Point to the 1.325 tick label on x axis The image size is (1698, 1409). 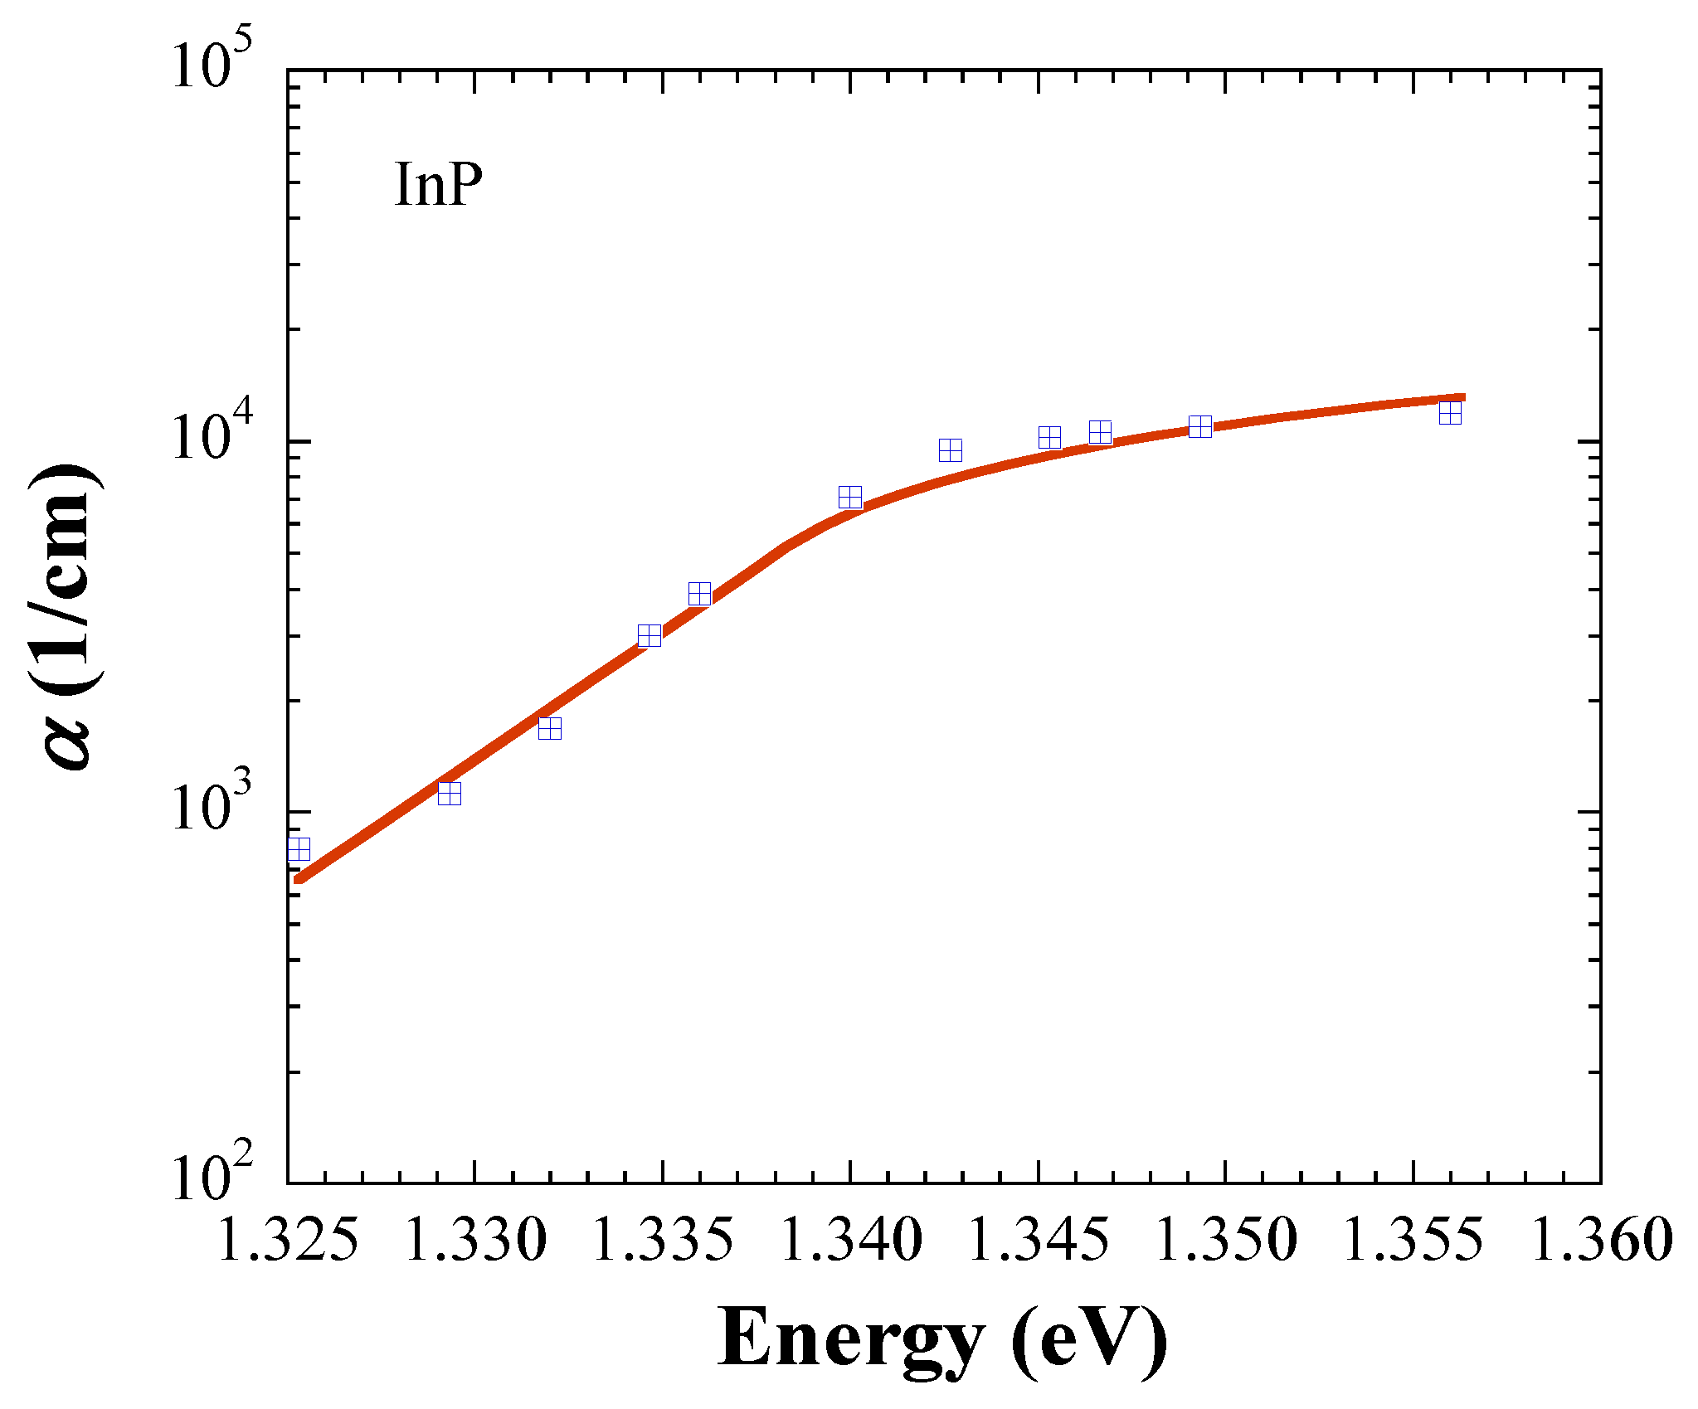pyautogui.click(x=288, y=1241)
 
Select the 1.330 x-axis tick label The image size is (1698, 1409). pyautogui.click(x=475, y=1241)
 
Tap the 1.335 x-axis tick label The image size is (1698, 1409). pyautogui.click(x=663, y=1241)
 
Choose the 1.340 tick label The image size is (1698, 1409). pyautogui.click(x=850, y=1241)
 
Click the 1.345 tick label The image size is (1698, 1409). pyautogui.click(x=1038, y=1241)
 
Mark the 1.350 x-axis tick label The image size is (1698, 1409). pyautogui.click(x=1225, y=1241)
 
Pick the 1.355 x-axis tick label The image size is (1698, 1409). pyautogui.click(x=1413, y=1241)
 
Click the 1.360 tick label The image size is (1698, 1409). pyautogui.click(x=1600, y=1241)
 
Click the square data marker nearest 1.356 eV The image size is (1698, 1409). pyautogui.click(x=1450, y=413)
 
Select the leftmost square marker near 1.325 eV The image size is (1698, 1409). pyautogui.click(x=299, y=849)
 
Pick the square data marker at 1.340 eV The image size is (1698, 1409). pyautogui.click(x=850, y=498)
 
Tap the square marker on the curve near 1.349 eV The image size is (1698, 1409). pyautogui.click(x=1200, y=427)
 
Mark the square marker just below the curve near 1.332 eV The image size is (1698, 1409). pyautogui.click(x=550, y=728)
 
